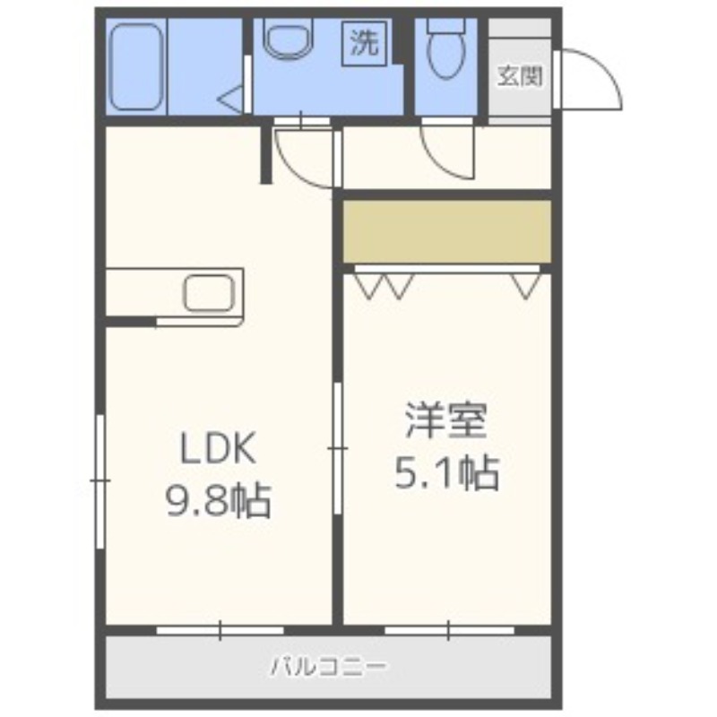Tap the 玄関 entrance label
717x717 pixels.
coord(521,77)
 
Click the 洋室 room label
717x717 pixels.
coord(445,421)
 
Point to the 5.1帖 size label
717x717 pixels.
coord(445,472)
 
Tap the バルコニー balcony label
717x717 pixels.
coord(328,667)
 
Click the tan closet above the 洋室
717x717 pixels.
coord(446,230)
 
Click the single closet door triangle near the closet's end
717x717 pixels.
coord(527,285)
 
